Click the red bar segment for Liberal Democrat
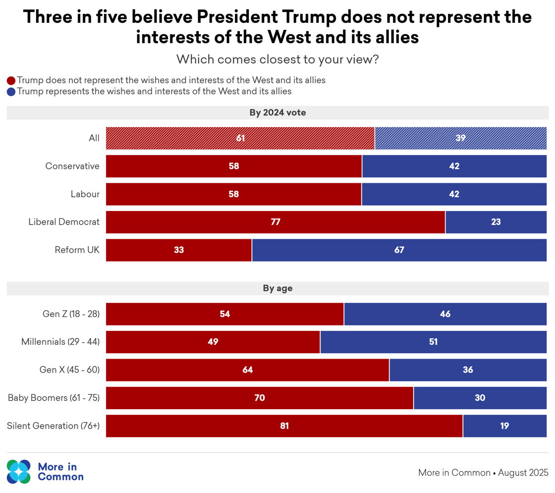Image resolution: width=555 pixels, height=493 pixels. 276,222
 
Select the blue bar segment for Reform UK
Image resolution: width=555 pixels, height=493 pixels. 399,250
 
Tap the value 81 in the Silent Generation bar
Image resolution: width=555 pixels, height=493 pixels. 284,426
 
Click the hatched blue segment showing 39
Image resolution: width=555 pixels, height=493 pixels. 460,138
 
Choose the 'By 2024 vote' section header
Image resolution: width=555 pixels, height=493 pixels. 277,112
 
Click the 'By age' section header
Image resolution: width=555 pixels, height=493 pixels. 277,288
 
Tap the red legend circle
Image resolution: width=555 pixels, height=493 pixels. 11,80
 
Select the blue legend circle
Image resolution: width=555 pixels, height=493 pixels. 11,92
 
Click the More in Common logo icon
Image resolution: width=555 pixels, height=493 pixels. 19,472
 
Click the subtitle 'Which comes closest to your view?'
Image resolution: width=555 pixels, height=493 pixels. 277,60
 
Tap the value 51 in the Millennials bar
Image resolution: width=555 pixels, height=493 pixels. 433,342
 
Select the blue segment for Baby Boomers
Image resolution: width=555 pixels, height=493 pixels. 480,398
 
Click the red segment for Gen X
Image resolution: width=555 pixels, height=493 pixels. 247,370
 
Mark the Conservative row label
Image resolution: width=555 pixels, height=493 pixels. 72,166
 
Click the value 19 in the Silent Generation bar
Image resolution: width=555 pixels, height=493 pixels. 504,426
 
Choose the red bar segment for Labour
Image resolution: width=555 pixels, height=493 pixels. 233,194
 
